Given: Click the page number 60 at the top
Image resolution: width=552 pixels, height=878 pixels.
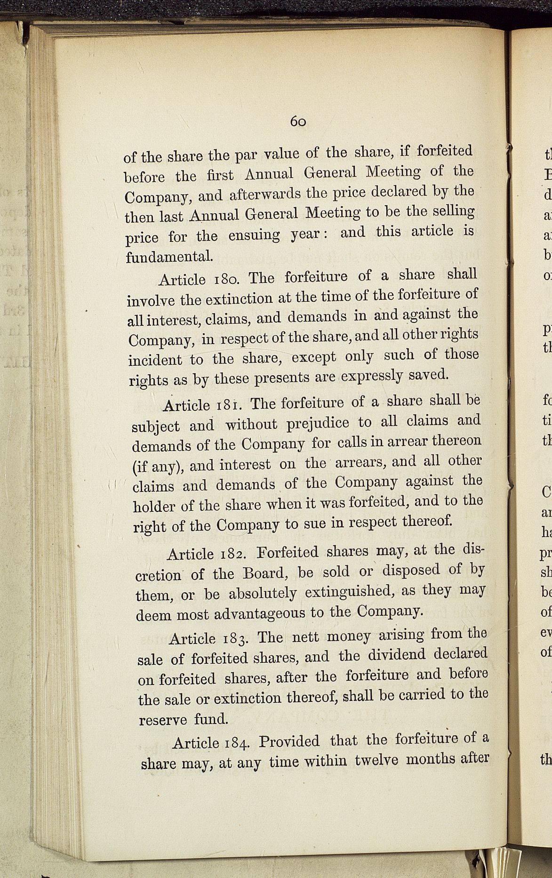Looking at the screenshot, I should [298, 121].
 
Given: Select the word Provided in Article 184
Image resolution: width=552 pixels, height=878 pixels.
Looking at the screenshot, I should [289, 742].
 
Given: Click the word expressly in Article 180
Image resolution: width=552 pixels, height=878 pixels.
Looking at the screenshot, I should [371, 377].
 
